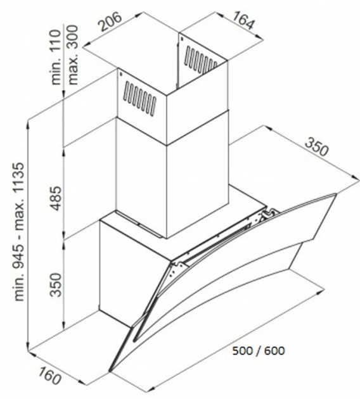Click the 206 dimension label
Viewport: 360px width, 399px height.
[110, 22]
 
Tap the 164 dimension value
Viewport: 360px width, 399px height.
[243, 20]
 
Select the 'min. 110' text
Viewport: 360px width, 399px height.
[56, 58]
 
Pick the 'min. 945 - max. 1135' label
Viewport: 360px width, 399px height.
[19, 232]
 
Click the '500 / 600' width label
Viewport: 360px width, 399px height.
[259, 351]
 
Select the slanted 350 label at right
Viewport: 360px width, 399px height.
[316, 146]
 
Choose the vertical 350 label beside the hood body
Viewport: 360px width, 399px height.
[56, 284]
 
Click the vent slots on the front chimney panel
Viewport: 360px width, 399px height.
[139, 98]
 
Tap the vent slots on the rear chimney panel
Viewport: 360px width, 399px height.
[201, 60]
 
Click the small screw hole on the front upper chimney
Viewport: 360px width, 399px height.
[120, 74]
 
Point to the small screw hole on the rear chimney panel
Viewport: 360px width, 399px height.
[182, 39]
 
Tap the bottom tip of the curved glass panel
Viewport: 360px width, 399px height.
[110, 370]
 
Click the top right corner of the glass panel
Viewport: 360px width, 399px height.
[337, 194]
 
